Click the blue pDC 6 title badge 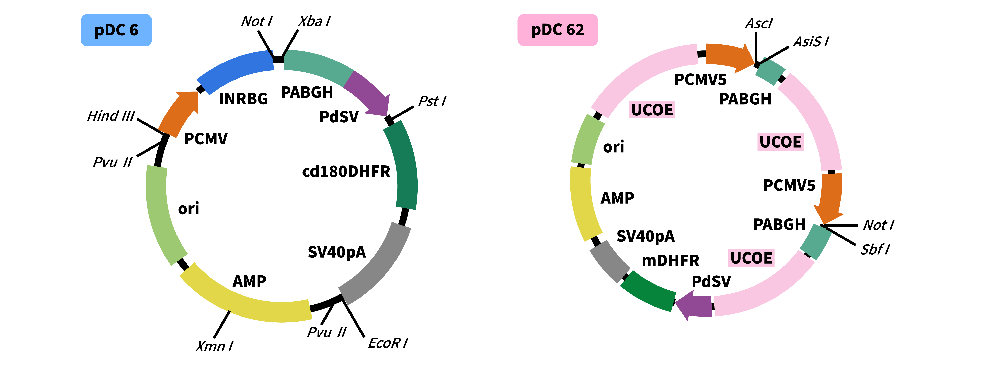point(116,30)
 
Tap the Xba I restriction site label point(314,21)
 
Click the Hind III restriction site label point(111,116)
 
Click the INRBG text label point(243,99)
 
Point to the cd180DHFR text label point(346,171)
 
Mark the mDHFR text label point(670,260)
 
